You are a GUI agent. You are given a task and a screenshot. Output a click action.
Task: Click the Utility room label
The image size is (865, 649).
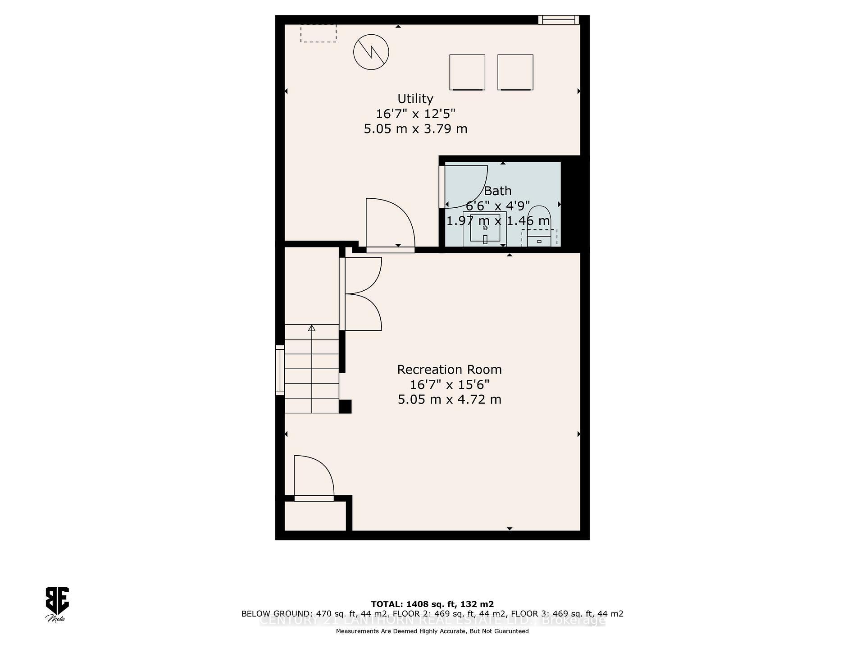(415, 99)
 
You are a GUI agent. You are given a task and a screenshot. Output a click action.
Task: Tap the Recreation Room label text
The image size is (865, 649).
(449, 370)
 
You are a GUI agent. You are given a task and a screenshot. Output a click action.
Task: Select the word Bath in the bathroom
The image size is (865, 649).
(497, 191)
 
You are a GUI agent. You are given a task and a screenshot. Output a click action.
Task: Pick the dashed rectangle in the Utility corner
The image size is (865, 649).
(319, 33)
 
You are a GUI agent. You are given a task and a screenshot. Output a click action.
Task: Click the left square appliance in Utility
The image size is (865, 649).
(467, 72)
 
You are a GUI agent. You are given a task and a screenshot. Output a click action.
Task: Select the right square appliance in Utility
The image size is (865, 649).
(515, 72)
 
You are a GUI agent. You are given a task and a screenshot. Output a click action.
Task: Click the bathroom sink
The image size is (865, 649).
(485, 229)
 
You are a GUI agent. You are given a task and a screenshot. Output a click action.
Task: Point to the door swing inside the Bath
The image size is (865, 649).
(464, 185)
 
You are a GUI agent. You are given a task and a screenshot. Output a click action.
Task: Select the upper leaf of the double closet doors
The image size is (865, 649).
(363, 275)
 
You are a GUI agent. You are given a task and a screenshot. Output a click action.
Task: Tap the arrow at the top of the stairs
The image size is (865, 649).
(311, 328)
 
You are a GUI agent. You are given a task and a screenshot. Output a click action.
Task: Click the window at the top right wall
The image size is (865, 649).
(558, 20)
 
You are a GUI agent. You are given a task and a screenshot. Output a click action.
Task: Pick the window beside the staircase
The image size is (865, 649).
(280, 370)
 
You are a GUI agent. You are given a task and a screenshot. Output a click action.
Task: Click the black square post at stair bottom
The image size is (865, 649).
(345, 407)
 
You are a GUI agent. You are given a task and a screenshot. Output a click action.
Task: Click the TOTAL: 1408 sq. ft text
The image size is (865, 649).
(432, 604)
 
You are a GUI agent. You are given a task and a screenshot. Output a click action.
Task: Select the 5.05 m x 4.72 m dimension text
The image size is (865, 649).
(449, 400)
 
